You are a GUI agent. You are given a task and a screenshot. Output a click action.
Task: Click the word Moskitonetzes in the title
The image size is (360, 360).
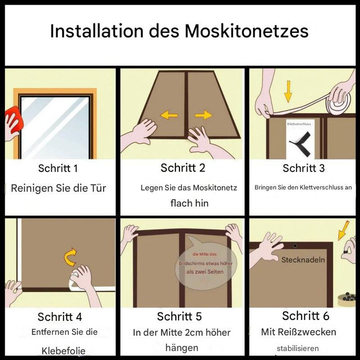pyautogui.click(x=246, y=31)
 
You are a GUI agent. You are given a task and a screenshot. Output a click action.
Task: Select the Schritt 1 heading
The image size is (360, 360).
pyautogui.click(x=58, y=168)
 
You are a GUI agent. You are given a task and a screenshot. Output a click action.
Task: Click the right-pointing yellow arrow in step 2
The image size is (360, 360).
pyautogui.click(x=203, y=115)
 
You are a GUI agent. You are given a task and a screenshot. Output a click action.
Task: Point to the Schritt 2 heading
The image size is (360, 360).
pyautogui.click(x=182, y=168)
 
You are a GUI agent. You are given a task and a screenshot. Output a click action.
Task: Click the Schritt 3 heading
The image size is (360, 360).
pyautogui.click(x=303, y=168)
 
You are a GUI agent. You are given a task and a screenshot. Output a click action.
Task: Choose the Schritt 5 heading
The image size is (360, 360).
pyautogui.click(x=179, y=316)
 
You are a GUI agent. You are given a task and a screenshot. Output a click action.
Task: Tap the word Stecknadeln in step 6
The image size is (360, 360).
pyautogui.click(x=303, y=260)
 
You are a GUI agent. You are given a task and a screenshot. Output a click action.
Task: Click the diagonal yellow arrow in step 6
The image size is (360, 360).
pyautogui.click(x=344, y=230)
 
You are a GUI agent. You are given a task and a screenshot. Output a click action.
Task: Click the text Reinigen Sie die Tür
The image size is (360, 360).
pyautogui.click(x=58, y=189)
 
